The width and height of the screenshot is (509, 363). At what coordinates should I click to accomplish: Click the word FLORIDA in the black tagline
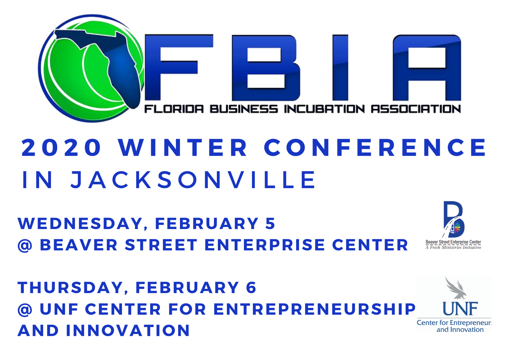tap(174, 109)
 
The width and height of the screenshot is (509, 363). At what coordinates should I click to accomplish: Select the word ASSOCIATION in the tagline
tap(416, 109)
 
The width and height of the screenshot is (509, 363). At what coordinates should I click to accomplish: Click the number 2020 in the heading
tap(61, 148)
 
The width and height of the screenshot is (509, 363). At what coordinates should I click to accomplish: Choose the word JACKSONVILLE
tap(193, 180)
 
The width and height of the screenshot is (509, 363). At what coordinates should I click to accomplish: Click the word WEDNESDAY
tap(80, 224)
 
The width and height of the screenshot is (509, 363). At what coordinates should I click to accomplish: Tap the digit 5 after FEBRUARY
tap(270, 224)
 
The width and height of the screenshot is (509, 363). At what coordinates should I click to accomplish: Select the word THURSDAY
tap(70, 288)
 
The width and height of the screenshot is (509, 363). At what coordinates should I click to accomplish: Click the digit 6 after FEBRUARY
tap(251, 288)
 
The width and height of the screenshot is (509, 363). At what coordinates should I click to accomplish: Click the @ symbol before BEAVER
tap(25, 246)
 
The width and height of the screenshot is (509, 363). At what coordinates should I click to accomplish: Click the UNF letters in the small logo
tap(460, 309)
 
